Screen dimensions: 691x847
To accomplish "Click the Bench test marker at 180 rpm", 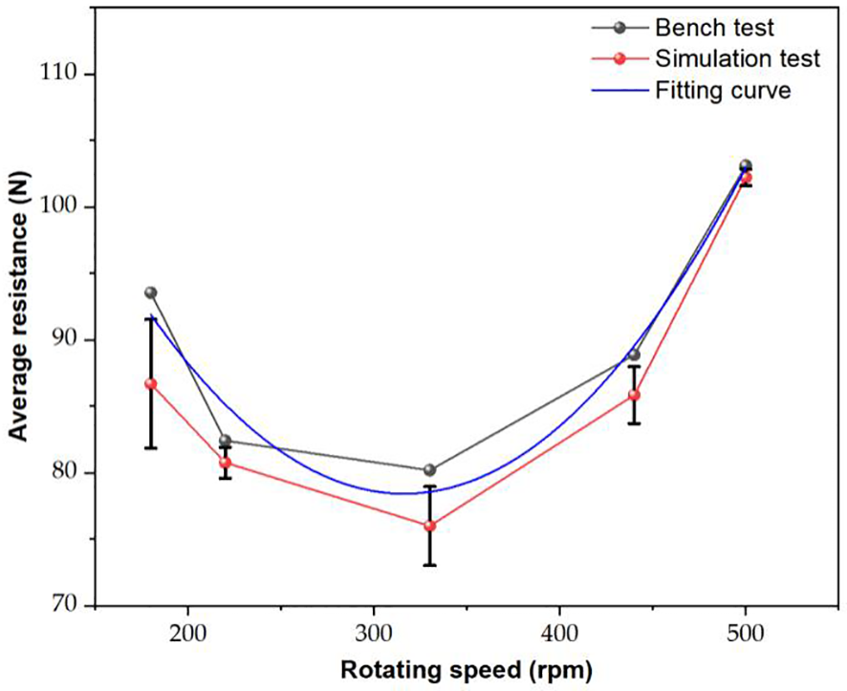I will click(x=151, y=292).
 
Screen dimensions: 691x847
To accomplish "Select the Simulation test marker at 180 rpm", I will click(x=151, y=384).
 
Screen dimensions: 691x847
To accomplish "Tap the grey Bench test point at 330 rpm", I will click(x=430, y=470).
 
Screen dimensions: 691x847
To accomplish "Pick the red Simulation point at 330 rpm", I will click(x=430, y=526).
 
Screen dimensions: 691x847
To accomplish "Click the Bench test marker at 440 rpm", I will click(x=634, y=355).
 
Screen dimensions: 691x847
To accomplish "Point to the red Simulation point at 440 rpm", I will click(x=634, y=395).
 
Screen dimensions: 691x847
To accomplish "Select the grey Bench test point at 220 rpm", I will click(x=226, y=441).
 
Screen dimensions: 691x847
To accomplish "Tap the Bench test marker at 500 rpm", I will click(x=746, y=165).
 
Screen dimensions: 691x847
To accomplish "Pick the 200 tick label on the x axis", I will click(x=188, y=632).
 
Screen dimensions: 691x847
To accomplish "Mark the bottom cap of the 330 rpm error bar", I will click(x=430, y=565).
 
